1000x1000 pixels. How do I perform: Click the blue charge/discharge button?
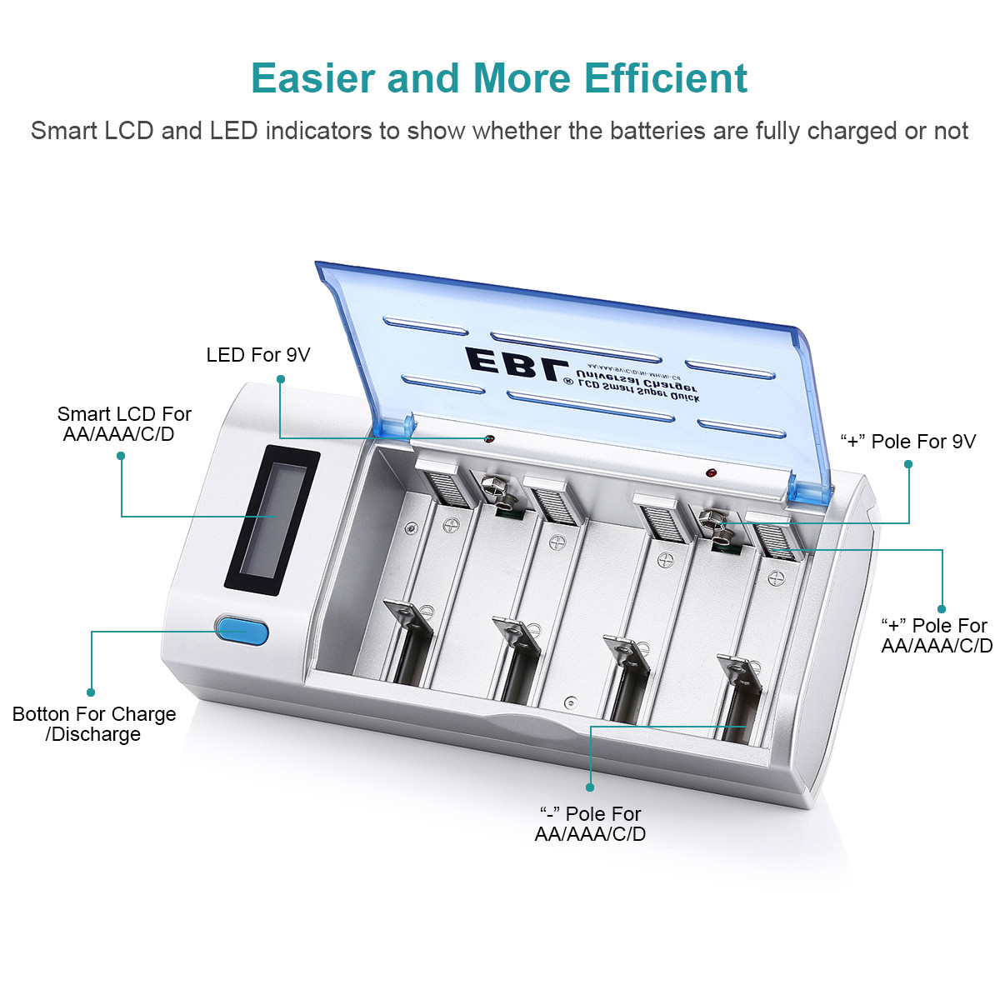point(242,632)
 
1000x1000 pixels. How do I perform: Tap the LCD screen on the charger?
point(272,521)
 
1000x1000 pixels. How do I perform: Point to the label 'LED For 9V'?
point(257,355)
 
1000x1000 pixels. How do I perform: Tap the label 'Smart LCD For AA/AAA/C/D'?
point(123,424)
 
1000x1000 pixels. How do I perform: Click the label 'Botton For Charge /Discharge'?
point(94,724)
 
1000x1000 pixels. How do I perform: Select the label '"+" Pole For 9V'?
point(907,442)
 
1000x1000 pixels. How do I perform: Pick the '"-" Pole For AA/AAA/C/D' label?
point(590,823)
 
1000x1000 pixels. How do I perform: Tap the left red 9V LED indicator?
point(489,438)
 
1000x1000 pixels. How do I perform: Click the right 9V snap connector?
point(716,527)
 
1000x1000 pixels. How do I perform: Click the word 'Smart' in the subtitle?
point(62,131)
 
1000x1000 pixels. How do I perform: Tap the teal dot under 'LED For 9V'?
point(281,379)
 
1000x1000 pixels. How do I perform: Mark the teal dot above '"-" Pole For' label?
point(590,787)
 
